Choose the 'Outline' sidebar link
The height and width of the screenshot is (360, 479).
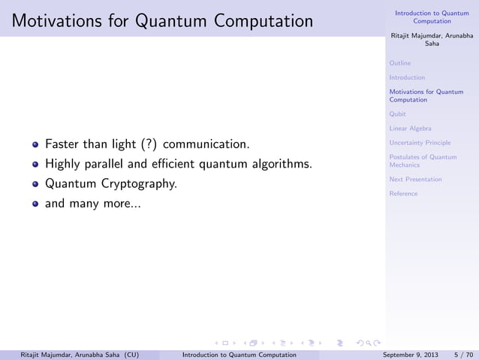(x=400, y=63)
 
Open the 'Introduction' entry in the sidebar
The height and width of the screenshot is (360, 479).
(x=407, y=77)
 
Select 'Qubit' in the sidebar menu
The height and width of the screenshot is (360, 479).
(x=398, y=114)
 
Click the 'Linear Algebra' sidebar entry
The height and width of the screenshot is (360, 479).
(x=410, y=129)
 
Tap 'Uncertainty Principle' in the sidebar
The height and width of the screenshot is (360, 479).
(x=420, y=143)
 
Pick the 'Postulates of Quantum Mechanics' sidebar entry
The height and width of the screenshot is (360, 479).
(x=423, y=160)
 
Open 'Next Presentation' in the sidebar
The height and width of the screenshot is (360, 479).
(x=415, y=180)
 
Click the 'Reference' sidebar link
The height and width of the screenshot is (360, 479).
(x=403, y=194)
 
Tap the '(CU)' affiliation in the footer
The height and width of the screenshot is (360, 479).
(x=130, y=353)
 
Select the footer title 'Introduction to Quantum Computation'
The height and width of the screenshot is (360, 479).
(x=233, y=353)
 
